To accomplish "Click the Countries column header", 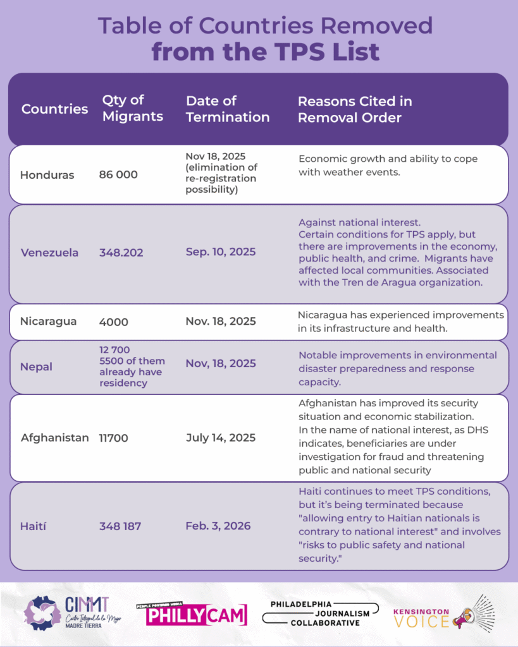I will pyautogui.click(x=54, y=109).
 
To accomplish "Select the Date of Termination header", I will pyautogui.click(x=228, y=109).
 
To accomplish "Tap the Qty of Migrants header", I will pyautogui.click(x=132, y=108).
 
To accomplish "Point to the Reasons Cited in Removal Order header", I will pyautogui.click(x=355, y=109).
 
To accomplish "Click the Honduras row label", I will pyautogui.click(x=47, y=175).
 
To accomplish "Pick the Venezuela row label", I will pyautogui.click(x=49, y=253).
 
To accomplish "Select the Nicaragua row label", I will pyautogui.click(x=48, y=321).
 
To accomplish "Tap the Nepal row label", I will pyautogui.click(x=36, y=366).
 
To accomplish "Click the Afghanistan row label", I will pyautogui.click(x=54, y=437).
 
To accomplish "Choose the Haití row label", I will pyautogui.click(x=34, y=526).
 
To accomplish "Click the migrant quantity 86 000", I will pyautogui.click(x=118, y=175).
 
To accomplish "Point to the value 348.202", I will pyautogui.click(x=121, y=253).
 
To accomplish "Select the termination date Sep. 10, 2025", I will pyautogui.click(x=221, y=252).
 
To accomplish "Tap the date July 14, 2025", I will pyautogui.click(x=221, y=437).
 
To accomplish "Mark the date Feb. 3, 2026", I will pyautogui.click(x=218, y=526).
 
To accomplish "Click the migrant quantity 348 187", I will pyautogui.click(x=121, y=526).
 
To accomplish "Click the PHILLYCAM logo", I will pyautogui.click(x=192, y=614).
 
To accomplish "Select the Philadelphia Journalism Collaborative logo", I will pyautogui.click(x=320, y=614).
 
